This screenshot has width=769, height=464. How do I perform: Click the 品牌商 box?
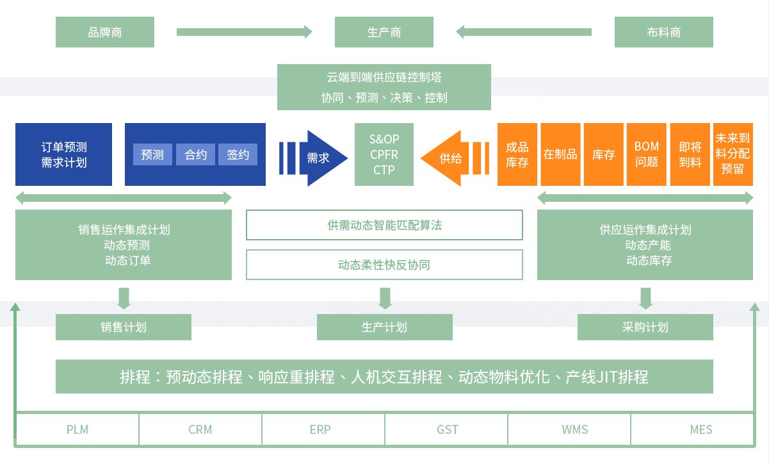click(x=105, y=32)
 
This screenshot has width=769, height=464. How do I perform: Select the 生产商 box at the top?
click(x=384, y=32)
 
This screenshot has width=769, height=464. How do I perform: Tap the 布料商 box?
click(x=663, y=32)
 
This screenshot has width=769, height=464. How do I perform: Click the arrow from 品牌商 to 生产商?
click(x=244, y=31)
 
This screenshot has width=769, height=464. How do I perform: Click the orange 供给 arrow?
click(x=449, y=158)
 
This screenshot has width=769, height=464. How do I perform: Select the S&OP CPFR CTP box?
click(x=384, y=154)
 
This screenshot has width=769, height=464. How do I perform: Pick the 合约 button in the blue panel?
click(x=195, y=154)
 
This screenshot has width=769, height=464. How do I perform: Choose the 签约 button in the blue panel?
click(x=238, y=154)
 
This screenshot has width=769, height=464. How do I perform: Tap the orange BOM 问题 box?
click(x=647, y=154)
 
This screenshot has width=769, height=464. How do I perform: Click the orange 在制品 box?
click(x=560, y=154)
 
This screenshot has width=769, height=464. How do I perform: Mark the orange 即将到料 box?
click(x=690, y=154)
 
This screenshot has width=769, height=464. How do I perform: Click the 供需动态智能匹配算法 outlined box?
click(x=384, y=225)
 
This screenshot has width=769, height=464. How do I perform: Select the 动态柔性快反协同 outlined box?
click(x=384, y=265)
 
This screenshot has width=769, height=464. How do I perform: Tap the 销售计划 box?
click(x=124, y=327)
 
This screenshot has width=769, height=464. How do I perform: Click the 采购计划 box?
click(x=645, y=327)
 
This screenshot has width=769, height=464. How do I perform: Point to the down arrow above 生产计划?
click(x=385, y=298)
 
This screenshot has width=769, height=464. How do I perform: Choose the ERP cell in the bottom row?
click(x=320, y=429)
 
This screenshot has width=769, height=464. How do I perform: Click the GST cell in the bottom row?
click(x=448, y=429)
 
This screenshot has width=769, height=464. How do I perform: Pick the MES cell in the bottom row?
click(x=701, y=429)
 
